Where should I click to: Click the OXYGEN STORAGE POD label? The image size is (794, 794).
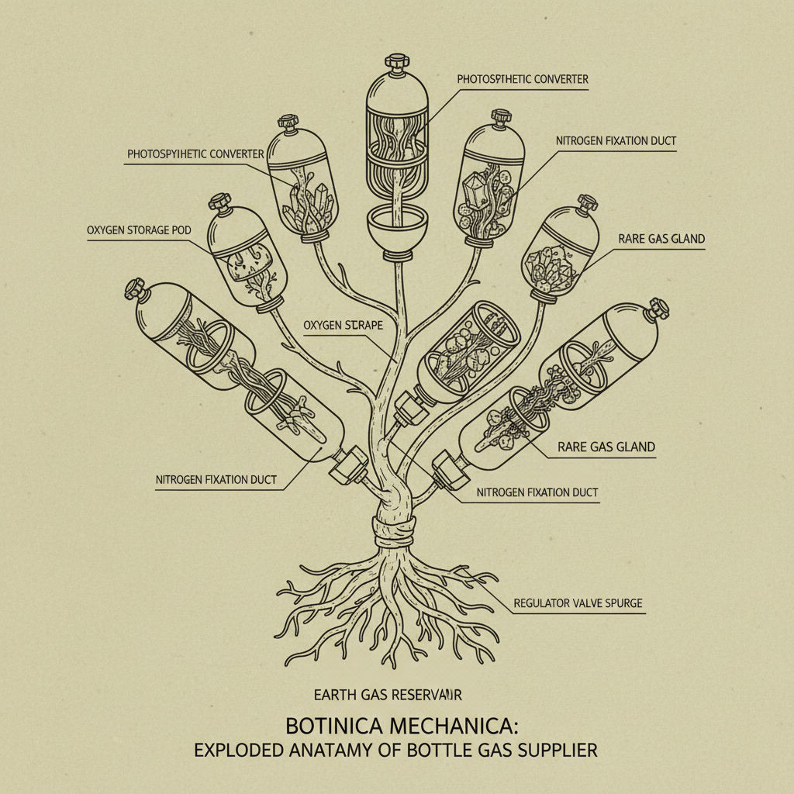[x=139, y=230]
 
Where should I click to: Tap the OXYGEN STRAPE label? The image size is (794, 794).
[x=343, y=325]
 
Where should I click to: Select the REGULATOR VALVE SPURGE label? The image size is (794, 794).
[x=578, y=602]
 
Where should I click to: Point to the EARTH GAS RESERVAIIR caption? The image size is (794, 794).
[x=388, y=695]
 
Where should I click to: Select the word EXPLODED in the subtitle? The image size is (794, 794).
[x=240, y=751]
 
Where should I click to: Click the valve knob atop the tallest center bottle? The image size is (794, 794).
[x=396, y=60]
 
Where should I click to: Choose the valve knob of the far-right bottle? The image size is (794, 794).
[x=659, y=306]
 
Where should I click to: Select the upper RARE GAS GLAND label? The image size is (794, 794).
[x=661, y=239]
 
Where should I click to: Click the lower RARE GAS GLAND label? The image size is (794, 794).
[x=606, y=447]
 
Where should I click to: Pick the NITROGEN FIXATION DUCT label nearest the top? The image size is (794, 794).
[x=616, y=141]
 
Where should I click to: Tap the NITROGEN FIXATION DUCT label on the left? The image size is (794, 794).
[x=216, y=480]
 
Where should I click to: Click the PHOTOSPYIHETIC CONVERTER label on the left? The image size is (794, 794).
[x=195, y=154]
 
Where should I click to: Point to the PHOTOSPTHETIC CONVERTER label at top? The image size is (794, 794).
[x=522, y=79]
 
